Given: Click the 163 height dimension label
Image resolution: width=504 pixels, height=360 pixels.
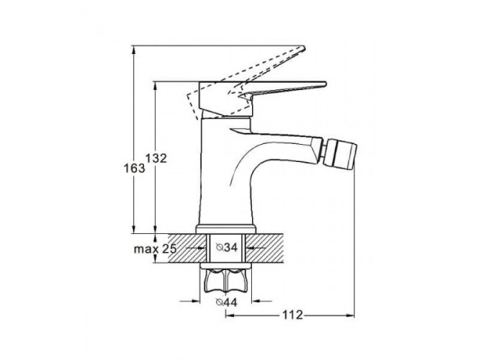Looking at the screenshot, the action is [x=135, y=168].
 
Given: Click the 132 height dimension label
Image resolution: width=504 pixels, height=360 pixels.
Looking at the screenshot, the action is [x=156, y=158].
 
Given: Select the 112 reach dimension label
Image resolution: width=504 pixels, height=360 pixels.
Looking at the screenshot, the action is [x=292, y=315].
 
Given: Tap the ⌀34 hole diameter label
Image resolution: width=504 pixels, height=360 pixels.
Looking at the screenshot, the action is [x=227, y=248].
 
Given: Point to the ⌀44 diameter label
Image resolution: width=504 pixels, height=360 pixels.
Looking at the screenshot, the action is [x=227, y=302].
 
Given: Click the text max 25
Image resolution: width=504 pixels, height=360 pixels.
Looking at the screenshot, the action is [x=156, y=249].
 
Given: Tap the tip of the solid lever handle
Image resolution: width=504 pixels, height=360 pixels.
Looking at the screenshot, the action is [x=325, y=84].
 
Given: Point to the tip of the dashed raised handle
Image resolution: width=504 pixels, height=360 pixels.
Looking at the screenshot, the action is [x=303, y=48].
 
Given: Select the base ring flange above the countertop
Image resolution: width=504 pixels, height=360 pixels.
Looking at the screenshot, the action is [x=225, y=228].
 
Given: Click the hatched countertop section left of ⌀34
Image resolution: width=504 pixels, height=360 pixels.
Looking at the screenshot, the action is [x=186, y=248].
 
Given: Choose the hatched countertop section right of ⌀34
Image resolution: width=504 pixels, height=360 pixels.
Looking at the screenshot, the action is [x=264, y=248].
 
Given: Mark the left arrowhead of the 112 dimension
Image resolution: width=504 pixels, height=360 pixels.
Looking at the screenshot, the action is [x=229, y=315].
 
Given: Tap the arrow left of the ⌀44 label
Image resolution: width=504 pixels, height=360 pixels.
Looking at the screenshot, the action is [x=190, y=301].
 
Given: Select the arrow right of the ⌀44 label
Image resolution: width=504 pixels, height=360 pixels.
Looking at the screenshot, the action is [x=261, y=301].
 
